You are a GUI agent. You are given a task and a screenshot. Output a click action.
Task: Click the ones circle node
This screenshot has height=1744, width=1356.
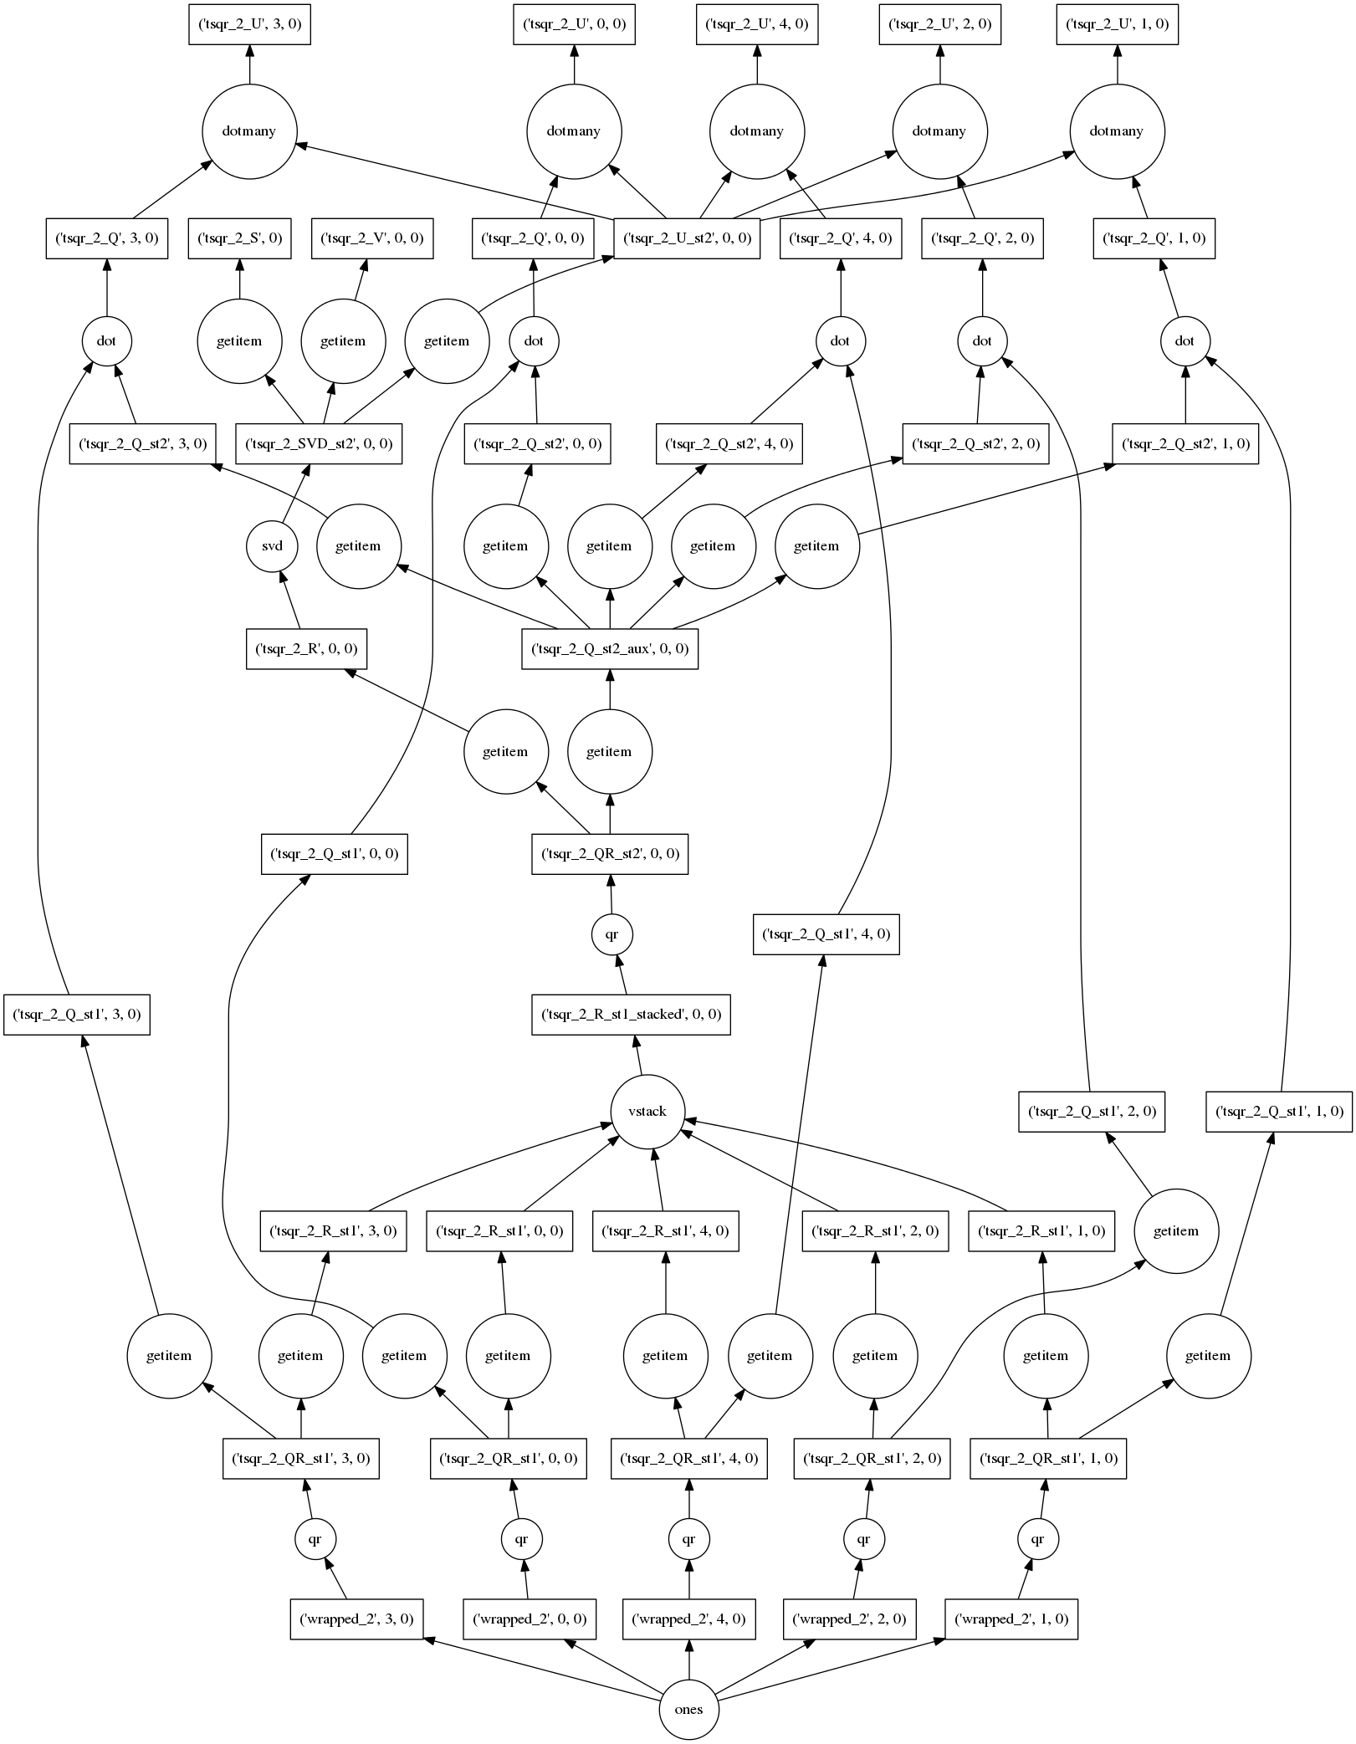tap(688, 1709)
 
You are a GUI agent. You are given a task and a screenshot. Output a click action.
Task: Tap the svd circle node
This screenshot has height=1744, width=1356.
tap(272, 546)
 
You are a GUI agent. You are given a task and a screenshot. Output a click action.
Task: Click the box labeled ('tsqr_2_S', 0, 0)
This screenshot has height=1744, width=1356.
tap(239, 238)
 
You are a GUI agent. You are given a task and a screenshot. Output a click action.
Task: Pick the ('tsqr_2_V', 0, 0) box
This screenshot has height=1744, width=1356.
tap(372, 238)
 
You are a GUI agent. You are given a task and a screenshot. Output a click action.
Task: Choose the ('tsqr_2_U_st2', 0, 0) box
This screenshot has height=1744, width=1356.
tap(687, 238)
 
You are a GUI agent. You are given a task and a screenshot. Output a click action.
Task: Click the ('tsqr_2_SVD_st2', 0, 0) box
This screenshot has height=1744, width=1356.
tap(318, 443)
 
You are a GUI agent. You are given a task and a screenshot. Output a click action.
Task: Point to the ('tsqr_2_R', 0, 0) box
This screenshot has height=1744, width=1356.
tap(306, 649)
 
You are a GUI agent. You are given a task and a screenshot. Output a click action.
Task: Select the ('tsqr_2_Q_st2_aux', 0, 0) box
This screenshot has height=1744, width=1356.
tap(610, 649)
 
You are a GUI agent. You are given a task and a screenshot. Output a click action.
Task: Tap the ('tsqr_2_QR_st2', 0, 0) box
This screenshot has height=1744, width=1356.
tap(610, 854)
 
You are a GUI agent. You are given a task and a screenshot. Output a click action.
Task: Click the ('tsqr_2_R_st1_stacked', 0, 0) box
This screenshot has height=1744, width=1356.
tap(631, 1015)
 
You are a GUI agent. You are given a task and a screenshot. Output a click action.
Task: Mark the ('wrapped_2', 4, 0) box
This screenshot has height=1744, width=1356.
tap(689, 1619)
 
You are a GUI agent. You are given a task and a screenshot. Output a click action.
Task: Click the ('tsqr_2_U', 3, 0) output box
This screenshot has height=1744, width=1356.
tap(248, 24)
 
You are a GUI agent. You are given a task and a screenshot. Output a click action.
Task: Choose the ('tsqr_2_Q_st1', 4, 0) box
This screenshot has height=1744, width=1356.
tap(826, 934)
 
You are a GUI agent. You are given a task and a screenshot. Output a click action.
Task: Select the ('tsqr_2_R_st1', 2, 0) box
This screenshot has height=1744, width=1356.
tap(875, 1231)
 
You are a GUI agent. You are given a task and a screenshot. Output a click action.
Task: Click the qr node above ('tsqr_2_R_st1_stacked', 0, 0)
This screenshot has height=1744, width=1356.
tap(611, 934)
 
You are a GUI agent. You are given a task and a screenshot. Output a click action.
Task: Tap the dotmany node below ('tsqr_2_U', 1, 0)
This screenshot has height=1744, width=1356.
tap(1117, 131)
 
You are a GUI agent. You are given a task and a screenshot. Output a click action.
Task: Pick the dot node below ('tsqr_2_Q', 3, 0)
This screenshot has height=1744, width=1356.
tap(106, 341)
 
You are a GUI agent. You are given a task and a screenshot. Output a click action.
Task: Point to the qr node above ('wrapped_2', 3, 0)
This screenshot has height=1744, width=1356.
tap(315, 1538)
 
